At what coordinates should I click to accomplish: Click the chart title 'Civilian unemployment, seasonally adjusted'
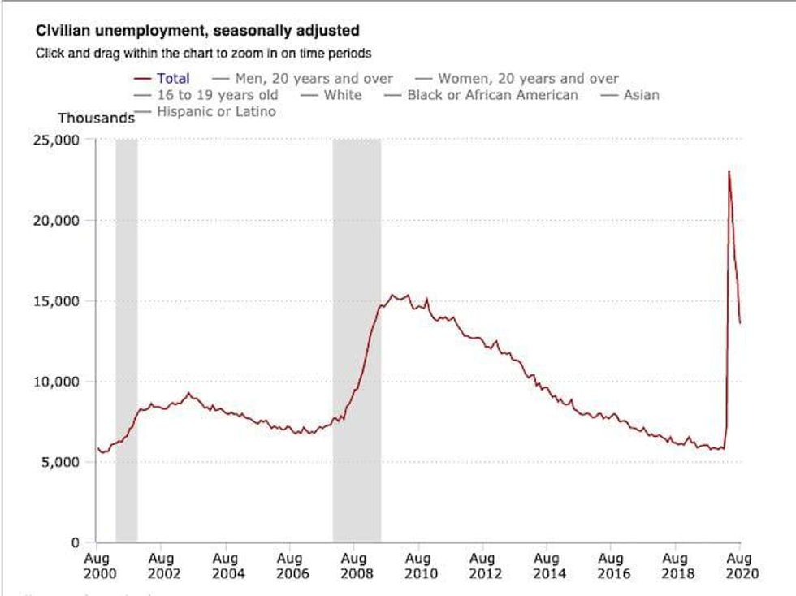(197, 32)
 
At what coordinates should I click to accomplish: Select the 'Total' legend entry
(171, 79)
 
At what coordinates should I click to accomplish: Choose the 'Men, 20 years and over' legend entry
(314, 79)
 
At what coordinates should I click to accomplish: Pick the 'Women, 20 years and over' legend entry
(528, 79)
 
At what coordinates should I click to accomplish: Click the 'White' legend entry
(342, 95)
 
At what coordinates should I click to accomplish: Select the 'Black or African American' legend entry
(492, 95)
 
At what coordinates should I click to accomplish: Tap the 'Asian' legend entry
(641, 95)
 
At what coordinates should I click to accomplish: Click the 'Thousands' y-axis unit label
(96, 119)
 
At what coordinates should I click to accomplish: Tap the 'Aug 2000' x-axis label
(97, 565)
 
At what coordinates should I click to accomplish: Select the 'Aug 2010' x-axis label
(418, 565)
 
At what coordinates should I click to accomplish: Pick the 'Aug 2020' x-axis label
(740, 565)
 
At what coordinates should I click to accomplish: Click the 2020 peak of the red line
(729, 171)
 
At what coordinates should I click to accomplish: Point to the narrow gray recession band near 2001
(126, 341)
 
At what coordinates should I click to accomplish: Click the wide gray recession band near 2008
(357, 341)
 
